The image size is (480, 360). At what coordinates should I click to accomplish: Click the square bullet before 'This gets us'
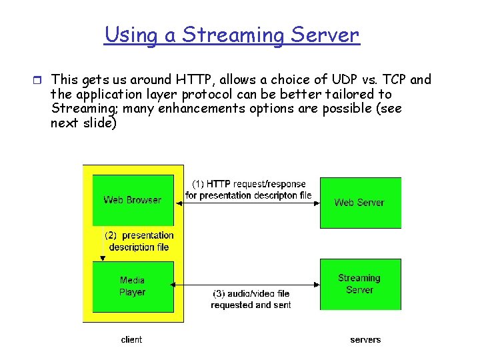point(38,81)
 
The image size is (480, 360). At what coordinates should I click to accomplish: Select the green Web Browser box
point(133,200)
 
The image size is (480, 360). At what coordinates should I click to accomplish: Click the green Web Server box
point(360,203)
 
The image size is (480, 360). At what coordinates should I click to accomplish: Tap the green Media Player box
point(133,287)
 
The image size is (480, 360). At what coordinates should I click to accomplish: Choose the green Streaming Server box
point(360,284)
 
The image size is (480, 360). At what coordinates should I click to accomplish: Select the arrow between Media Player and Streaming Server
point(245,285)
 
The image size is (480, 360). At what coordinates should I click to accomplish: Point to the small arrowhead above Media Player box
point(102,258)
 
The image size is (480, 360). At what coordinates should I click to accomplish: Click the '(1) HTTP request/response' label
point(249,184)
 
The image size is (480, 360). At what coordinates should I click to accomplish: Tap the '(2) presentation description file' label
point(139,241)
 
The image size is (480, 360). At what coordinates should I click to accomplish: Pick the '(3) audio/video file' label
point(251,294)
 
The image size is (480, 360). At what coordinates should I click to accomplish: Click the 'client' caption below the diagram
point(131,340)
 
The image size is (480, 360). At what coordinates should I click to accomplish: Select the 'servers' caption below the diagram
point(365,340)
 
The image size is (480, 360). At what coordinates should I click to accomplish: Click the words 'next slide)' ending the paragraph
point(83,123)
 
